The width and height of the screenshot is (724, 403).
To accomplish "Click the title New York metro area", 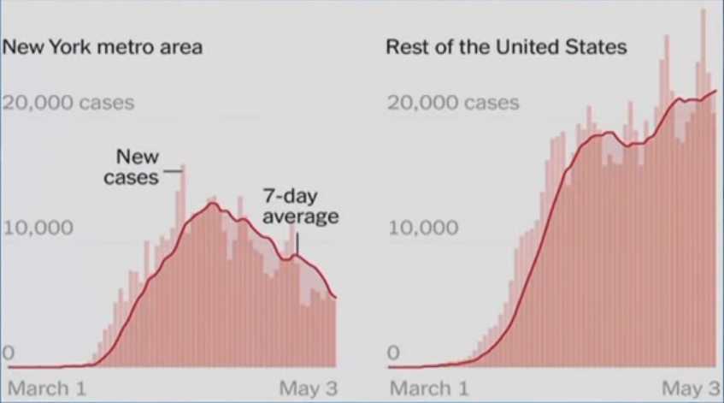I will click(103, 46).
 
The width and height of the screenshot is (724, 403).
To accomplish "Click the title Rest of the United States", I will click(506, 46).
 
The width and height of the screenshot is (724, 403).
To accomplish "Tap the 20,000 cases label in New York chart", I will click(68, 104).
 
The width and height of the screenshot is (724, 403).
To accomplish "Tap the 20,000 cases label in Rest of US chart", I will click(453, 104).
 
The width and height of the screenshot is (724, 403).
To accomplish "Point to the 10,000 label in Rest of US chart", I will click(422, 228).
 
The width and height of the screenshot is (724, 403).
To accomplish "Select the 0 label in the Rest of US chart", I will click(394, 353).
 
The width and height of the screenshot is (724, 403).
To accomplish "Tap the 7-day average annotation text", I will click(300, 206).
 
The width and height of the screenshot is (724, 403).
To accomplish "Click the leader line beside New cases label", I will click(173, 171).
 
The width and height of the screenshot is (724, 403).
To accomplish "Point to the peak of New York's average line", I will click(214, 203).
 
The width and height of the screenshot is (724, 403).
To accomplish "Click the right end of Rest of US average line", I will click(715, 90).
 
